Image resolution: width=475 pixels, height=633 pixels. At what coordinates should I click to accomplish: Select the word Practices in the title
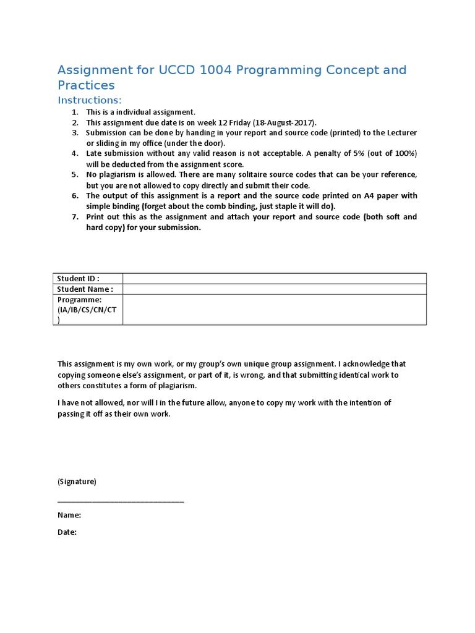(86, 85)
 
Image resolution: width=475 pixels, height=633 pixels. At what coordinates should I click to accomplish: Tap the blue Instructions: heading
(90, 100)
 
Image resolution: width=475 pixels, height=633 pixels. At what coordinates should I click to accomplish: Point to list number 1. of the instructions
(75, 112)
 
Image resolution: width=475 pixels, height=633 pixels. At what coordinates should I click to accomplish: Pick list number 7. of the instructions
(75, 217)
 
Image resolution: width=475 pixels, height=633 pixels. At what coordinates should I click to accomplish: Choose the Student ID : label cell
(79, 279)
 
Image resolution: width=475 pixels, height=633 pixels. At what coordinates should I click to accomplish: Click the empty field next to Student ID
(274, 279)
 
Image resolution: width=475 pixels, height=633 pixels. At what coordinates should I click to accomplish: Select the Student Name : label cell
(85, 289)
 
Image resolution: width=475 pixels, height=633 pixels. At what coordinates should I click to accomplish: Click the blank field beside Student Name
(274, 289)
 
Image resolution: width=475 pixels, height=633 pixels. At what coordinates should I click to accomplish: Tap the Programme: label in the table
(80, 300)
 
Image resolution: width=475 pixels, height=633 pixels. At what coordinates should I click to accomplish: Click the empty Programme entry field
(274, 309)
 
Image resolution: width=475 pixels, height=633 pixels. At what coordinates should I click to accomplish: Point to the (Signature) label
(77, 482)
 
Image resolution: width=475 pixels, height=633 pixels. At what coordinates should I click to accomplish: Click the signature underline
(121, 501)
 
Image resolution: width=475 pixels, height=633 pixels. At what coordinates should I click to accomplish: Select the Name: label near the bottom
(69, 515)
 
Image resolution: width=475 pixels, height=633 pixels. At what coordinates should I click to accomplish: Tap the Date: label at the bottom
(67, 532)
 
